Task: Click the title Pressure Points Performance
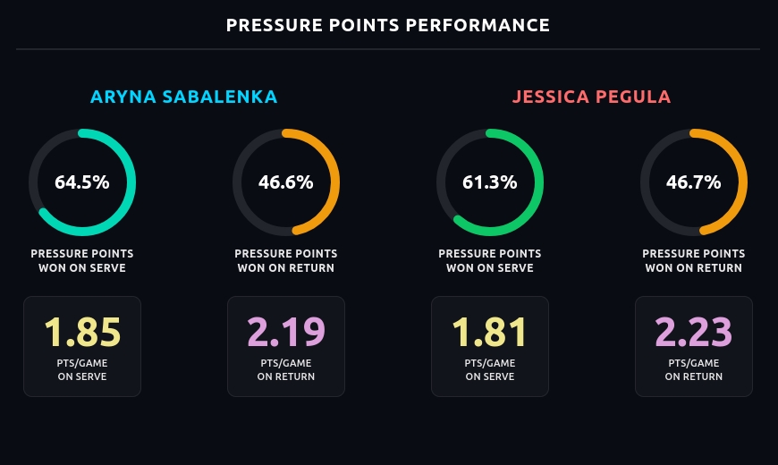pos(388,25)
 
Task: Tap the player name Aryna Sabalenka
pos(184,97)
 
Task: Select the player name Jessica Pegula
pos(591,97)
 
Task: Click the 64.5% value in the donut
pos(82,182)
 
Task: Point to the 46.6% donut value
pos(286,182)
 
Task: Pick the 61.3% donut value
pos(490,182)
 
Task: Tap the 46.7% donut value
pos(694,182)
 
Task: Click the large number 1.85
pos(82,332)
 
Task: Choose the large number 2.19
pos(286,332)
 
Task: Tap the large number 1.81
pos(490,332)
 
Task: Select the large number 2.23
pos(694,332)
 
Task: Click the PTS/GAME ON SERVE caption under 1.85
pos(82,370)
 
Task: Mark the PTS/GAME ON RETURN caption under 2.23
pos(694,370)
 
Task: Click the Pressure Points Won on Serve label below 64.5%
pos(82,260)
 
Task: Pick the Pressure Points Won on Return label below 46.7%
pos(694,260)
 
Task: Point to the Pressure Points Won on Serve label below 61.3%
pos(490,260)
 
